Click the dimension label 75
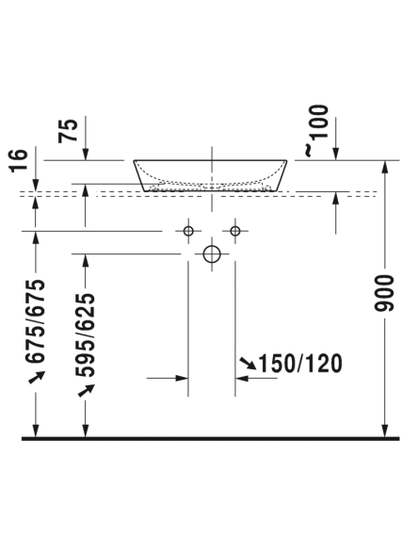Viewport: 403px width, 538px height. coord(68,130)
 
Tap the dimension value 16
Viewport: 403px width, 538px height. coord(19,160)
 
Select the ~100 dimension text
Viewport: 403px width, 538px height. coord(316,131)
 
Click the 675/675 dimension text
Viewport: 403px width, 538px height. coord(36,321)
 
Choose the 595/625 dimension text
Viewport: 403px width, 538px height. coord(85,335)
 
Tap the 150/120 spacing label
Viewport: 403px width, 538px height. coord(300,364)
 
